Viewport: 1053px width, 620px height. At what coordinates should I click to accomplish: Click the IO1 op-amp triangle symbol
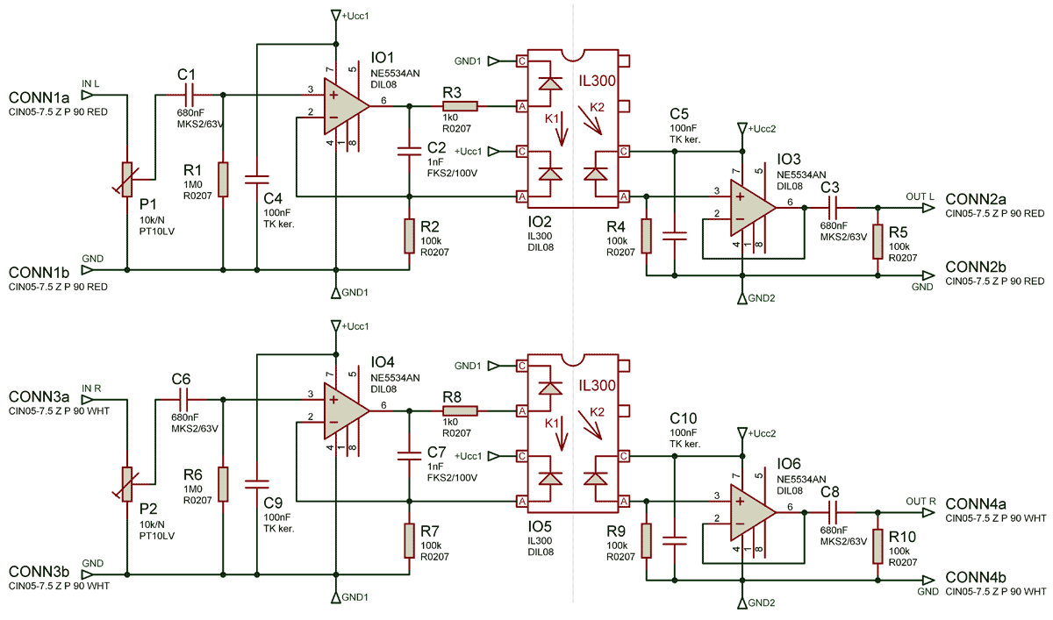tap(345, 103)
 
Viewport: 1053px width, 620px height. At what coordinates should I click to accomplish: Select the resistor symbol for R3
tap(460, 107)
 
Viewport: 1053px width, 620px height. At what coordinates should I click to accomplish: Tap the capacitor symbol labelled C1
tap(187, 94)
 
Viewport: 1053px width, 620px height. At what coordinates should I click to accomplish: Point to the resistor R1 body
tap(223, 179)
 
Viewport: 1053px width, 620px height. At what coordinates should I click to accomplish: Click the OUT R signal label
tap(921, 502)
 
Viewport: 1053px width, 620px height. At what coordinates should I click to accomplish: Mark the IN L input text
tap(90, 83)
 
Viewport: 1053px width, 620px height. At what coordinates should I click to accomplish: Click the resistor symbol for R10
tap(877, 549)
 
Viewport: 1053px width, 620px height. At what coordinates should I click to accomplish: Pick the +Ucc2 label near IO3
tap(761, 129)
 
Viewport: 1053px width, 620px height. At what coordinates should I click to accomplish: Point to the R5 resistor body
tap(877, 241)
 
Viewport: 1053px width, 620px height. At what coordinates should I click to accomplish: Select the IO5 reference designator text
tap(540, 526)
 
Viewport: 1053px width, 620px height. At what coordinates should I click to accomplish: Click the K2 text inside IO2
tap(597, 107)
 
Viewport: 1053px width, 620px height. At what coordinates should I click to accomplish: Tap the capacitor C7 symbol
tap(408, 455)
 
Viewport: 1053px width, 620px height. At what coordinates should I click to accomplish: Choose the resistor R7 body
tap(409, 540)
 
